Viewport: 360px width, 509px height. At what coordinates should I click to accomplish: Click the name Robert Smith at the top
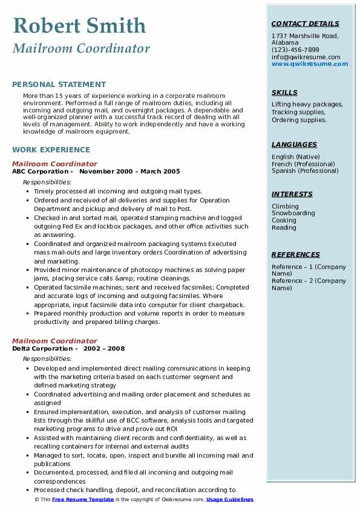coord(79,26)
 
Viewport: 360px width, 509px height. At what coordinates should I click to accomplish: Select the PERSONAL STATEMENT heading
coord(59,85)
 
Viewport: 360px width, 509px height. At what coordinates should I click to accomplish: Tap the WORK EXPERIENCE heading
coord(51,150)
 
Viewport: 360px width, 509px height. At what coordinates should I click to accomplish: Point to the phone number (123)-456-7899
coord(295,50)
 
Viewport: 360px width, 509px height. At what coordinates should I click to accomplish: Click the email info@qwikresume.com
coord(306,57)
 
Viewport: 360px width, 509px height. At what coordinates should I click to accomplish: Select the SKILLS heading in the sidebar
coord(284,93)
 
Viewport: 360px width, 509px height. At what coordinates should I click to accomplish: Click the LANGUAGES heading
coord(294,145)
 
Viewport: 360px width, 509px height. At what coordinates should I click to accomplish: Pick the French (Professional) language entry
coord(303,164)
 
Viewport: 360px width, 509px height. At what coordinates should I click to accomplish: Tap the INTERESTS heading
coord(292,195)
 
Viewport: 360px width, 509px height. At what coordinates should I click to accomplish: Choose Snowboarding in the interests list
coord(293,213)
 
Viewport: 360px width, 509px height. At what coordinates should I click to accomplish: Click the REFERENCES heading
coord(296,255)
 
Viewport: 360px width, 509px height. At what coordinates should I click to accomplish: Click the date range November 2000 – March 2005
coord(129,171)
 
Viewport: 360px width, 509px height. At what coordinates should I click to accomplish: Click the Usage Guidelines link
coord(229,500)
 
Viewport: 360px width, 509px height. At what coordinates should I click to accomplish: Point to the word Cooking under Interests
coord(284,221)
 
